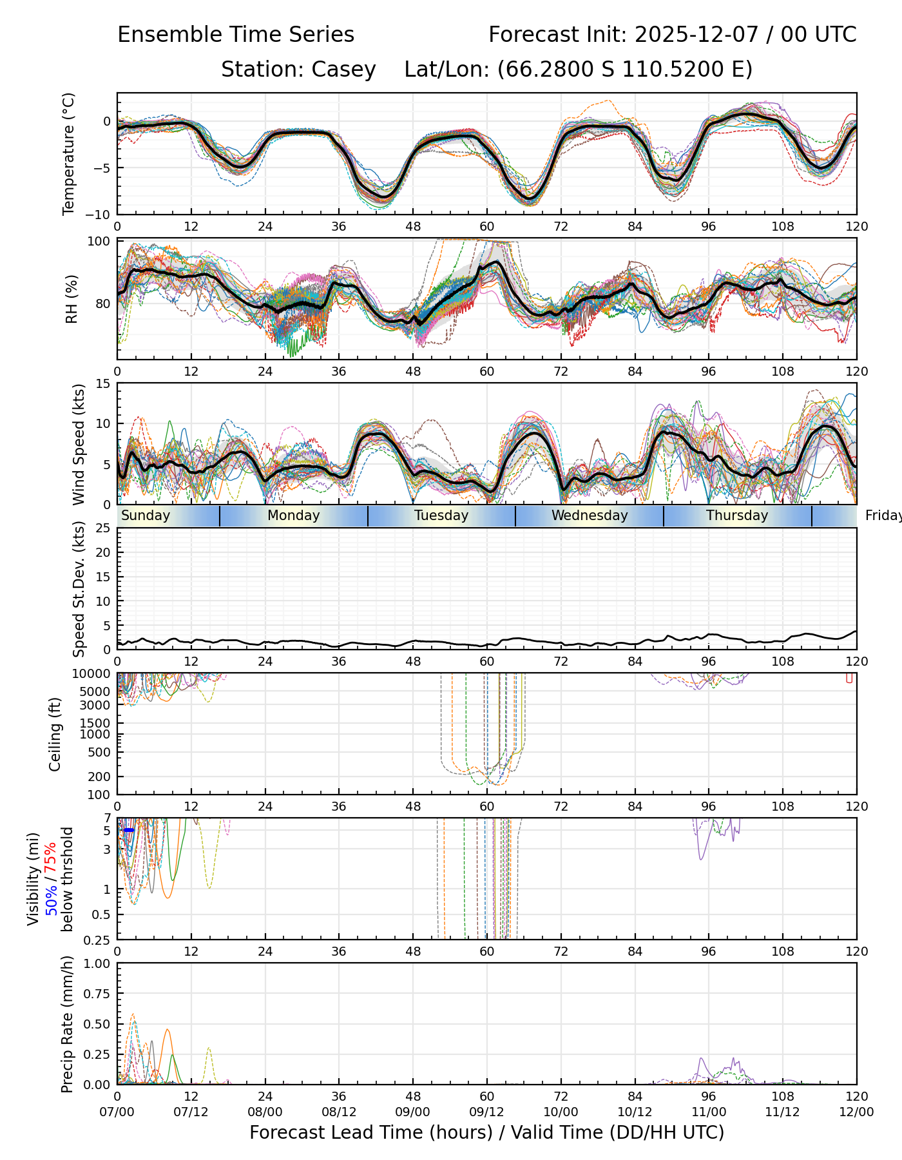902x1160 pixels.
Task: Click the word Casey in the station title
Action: [x=343, y=70]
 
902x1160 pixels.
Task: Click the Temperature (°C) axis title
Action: [x=69, y=153]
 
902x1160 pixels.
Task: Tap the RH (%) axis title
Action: [x=72, y=299]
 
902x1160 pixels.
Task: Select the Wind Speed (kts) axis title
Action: [x=79, y=444]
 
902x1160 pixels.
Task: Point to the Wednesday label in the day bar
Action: [x=590, y=516]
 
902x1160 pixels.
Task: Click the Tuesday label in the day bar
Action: [x=441, y=516]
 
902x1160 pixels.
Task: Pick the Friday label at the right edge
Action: [x=883, y=516]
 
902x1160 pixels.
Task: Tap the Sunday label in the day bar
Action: [x=146, y=516]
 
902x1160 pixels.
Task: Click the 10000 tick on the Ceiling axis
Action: [x=97, y=674]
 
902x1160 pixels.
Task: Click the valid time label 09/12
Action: [x=486, y=1112]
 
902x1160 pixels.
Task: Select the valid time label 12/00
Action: [x=856, y=1112]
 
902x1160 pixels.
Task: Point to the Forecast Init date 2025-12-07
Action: [x=699, y=35]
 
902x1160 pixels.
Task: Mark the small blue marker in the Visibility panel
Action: [x=129, y=830]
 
